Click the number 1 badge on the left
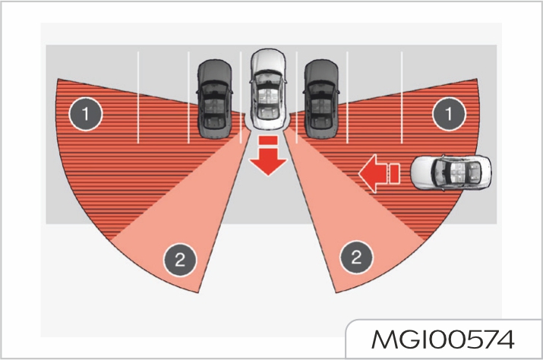pos(86,114)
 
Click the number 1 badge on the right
pos(449,114)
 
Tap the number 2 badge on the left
pos(180,260)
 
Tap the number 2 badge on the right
pos(356,257)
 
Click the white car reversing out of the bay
pos(268,89)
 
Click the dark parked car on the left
pos(215,99)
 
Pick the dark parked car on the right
pos(321,99)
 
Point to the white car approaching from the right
pos(451,172)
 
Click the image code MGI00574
pos(443,339)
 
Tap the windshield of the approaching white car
pos(439,172)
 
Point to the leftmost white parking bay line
pos(138,97)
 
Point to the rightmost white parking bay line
pos(402,97)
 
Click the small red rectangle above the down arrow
pos(268,140)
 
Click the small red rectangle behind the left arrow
pos(395,174)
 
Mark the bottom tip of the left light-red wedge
pos(198,293)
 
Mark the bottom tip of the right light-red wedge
pos(336,293)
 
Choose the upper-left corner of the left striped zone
pos(58,79)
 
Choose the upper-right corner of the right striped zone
pos(477,79)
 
